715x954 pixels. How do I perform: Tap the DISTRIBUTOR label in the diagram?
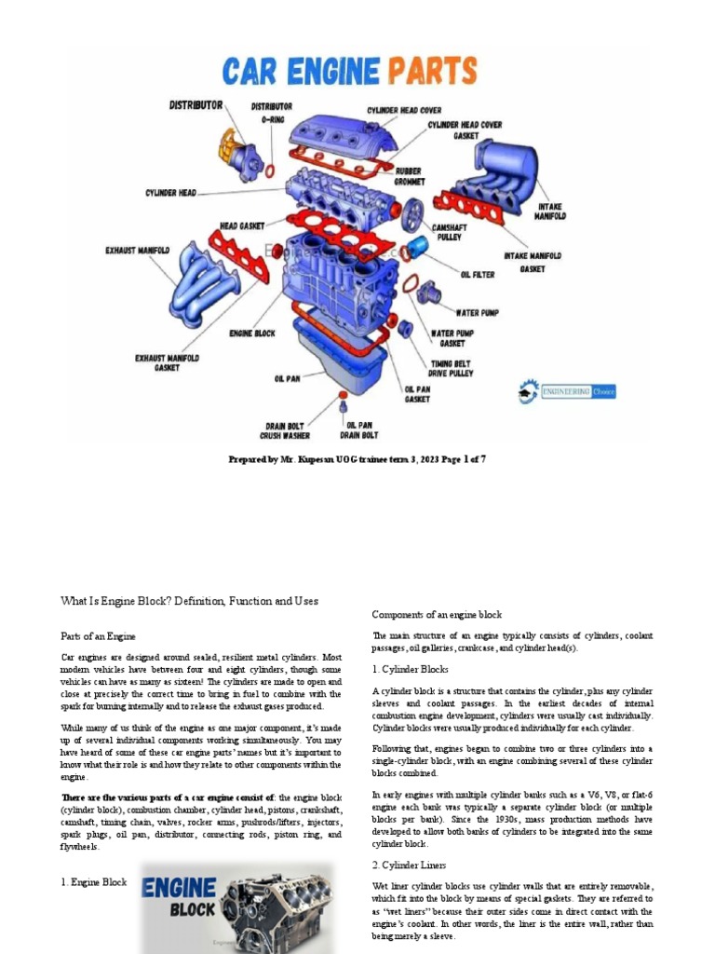(196, 105)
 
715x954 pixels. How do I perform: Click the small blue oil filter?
(419, 248)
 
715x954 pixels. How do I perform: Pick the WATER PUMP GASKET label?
(452, 337)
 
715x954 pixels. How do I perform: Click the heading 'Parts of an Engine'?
(99, 635)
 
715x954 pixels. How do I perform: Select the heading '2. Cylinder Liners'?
(411, 865)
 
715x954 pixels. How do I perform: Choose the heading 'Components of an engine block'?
(437, 615)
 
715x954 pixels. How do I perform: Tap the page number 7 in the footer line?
(482, 458)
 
